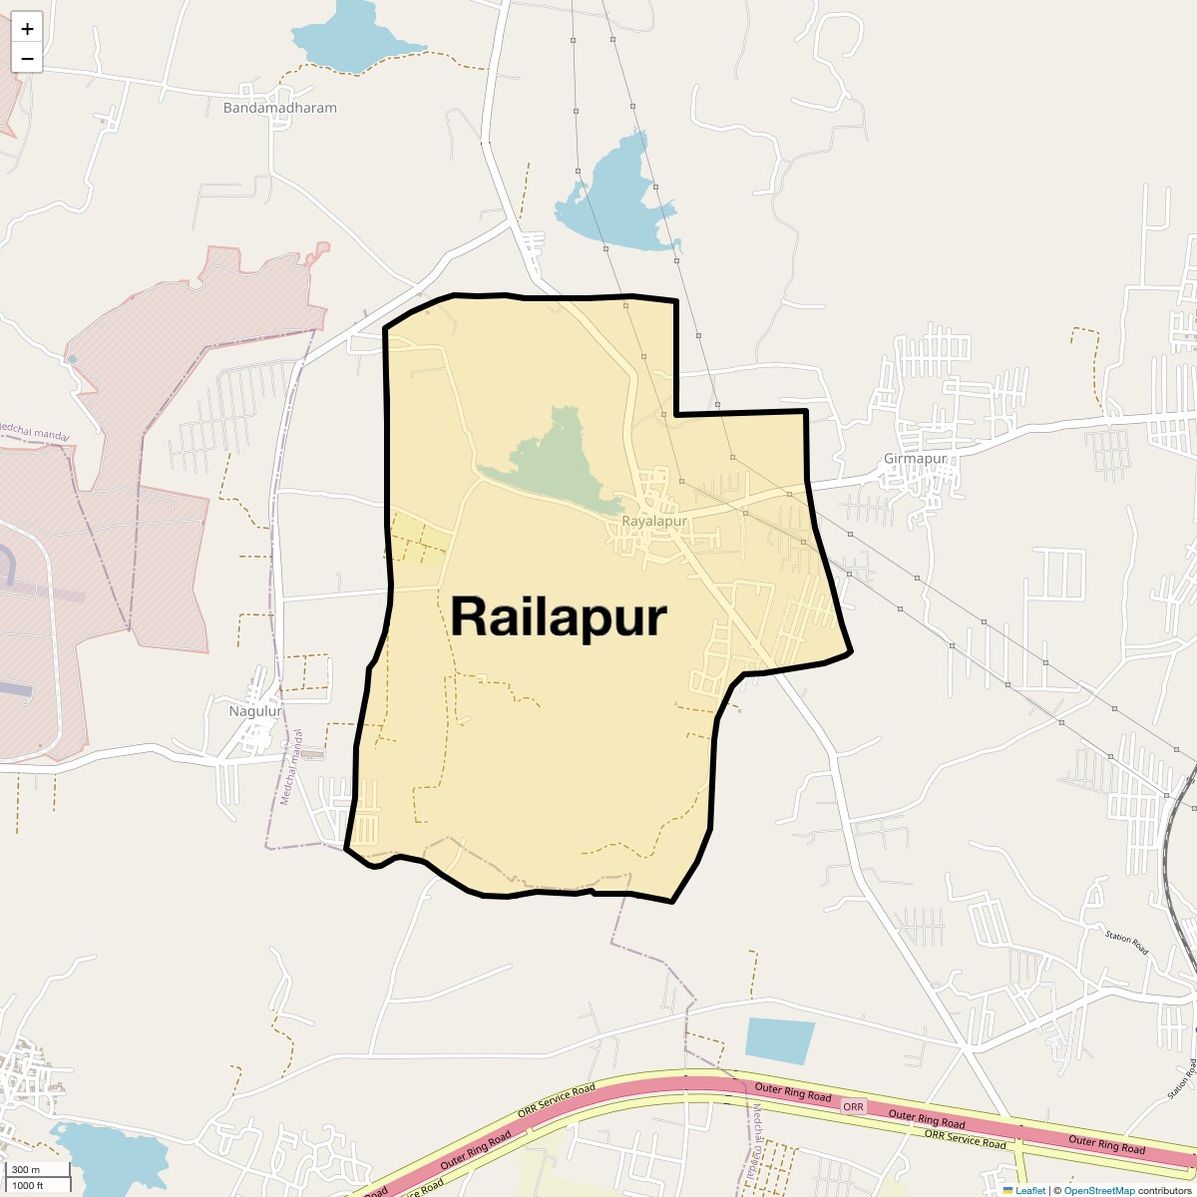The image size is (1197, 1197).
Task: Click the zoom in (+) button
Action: coord(27,29)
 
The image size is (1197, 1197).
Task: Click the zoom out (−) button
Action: coord(27,59)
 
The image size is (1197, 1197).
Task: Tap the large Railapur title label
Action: coord(559,616)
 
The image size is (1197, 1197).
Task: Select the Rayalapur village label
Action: coord(654,522)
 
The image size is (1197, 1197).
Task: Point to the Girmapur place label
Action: coord(915,460)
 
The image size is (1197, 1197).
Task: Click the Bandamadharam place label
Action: coord(280,108)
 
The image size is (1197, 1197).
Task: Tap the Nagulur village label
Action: coord(256,711)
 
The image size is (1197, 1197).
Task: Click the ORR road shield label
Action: coord(854,1107)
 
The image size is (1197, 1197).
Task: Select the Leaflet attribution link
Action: coord(1030,1190)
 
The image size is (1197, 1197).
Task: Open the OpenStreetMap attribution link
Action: coord(1099,1190)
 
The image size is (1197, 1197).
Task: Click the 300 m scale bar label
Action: coord(26,1170)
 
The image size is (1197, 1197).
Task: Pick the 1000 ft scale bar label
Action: coord(28,1185)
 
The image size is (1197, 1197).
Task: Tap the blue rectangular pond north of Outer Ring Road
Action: coord(779,1040)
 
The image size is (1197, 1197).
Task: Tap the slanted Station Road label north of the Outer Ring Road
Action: coord(1126,942)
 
